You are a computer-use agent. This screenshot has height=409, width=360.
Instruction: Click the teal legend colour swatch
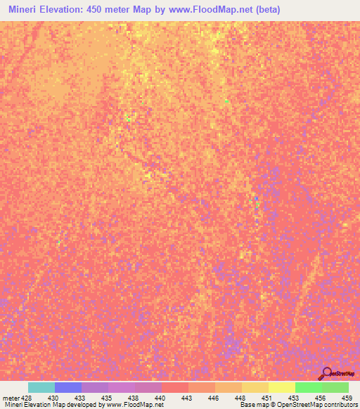[x=41, y=387]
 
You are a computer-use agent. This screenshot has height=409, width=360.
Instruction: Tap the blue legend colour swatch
[x=68, y=387]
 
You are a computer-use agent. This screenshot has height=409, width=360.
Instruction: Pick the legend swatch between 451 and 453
[x=282, y=387]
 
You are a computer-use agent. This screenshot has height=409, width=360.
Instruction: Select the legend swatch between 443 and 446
[x=202, y=387]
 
